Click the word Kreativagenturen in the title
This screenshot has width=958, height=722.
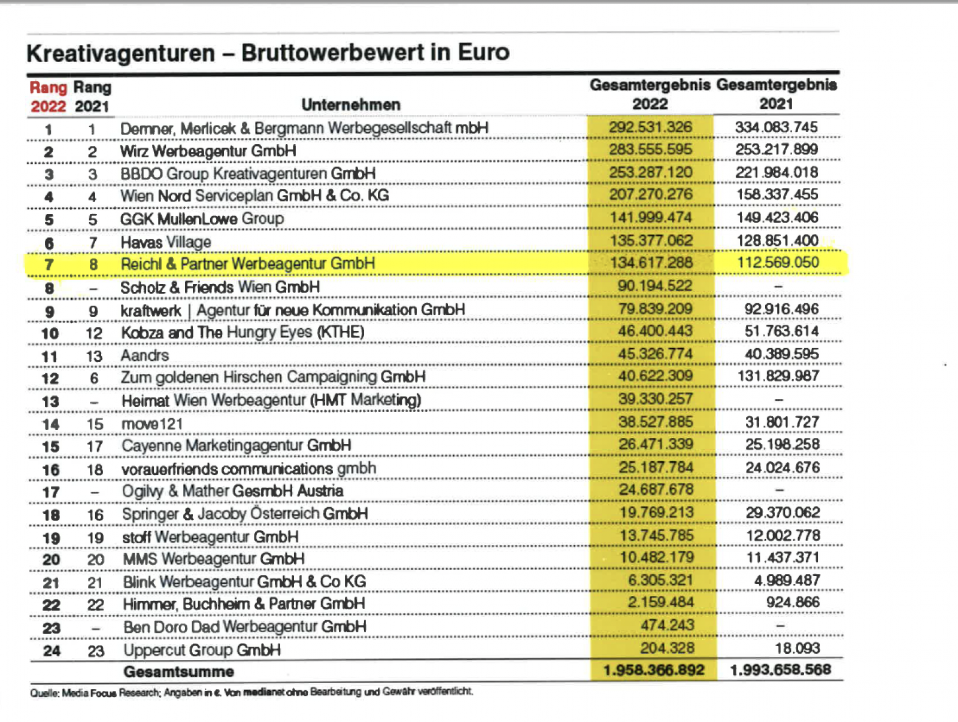pos(120,53)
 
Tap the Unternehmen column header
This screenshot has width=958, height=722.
pos(350,105)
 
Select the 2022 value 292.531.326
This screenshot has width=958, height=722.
pos(650,127)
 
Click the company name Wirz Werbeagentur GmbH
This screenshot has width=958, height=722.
pos(208,151)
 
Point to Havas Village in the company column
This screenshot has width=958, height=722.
pos(166,242)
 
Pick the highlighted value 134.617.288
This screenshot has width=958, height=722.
pos(651,263)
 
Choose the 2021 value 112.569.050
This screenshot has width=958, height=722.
pos(778,263)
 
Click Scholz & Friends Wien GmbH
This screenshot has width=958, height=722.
pos(220,288)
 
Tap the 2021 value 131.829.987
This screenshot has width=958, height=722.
pos(781,376)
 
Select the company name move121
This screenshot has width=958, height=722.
pos(152,424)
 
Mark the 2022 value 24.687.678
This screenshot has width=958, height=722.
pos(656,490)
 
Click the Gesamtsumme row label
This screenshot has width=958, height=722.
pos(178,672)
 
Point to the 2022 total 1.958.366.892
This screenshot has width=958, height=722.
pos(654,671)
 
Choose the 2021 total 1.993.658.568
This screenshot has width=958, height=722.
pos(780,670)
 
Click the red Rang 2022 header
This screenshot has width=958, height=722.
pos(48,97)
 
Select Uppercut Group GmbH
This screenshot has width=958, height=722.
pos(202,650)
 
